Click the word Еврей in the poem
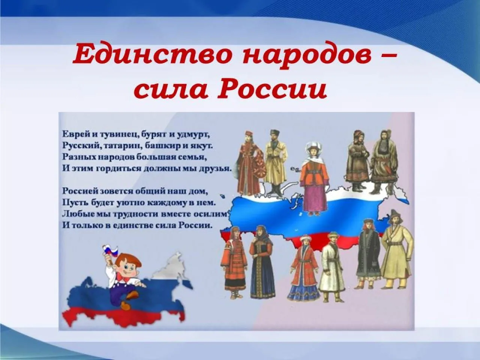tap(72, 133)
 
